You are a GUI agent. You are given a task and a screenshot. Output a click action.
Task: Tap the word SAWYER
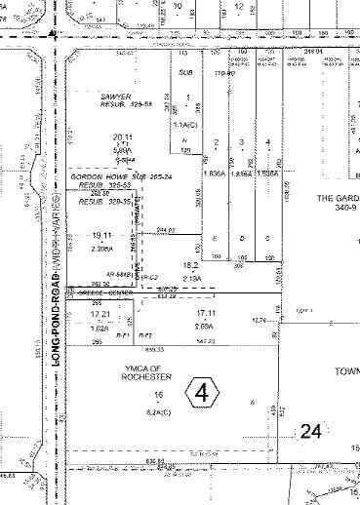(x=116, y=97)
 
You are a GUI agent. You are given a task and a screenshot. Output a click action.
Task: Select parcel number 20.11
(x=122, y=136)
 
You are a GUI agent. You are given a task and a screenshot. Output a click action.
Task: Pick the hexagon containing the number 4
(x=203, y=394)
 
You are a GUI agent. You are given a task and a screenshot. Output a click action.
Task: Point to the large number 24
(x=311, y=430)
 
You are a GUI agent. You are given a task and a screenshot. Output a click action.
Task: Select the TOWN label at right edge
(x=347, y=371)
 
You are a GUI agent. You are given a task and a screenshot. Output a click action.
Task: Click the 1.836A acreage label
(x=216, y=171)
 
